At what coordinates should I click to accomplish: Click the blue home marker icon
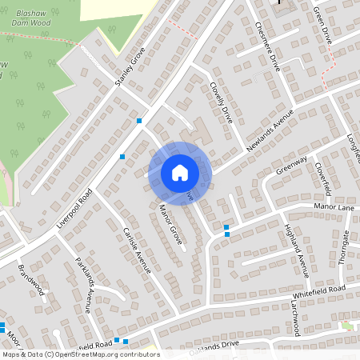180,172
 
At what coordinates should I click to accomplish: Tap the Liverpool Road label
75,210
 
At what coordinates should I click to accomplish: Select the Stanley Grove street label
130,66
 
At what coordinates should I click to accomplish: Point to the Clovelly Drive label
220,101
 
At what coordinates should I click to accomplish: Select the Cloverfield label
323,178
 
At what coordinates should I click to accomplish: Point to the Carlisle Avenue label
137,250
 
